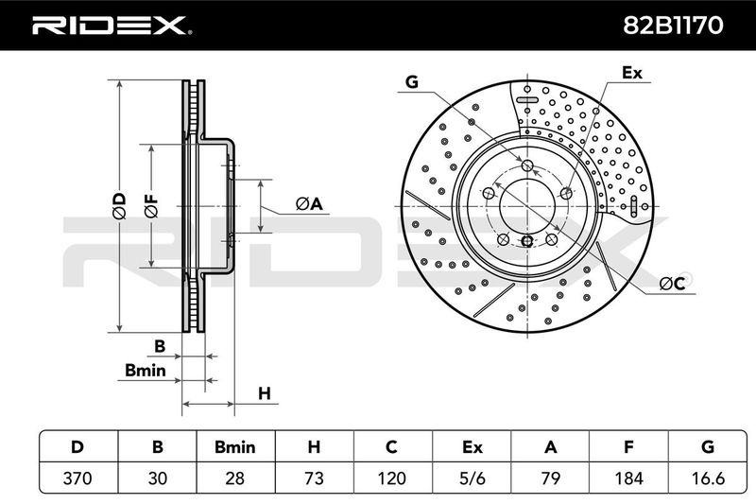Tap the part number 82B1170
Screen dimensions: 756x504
(673, 26)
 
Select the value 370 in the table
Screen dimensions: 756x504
(77, 478)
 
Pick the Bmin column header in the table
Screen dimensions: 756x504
(234, 447)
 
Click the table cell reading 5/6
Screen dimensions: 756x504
(472, 478)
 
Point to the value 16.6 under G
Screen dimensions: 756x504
(707, 478)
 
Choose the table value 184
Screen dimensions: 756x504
(628, 478)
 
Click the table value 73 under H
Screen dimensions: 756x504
(314, 478)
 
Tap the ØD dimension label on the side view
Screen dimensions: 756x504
(119, 206)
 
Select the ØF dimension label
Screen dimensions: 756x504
(151, 206)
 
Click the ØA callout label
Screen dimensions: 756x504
(309, 204)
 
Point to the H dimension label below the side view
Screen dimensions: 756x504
(265, 393)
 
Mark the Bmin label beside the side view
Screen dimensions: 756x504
(146, 370)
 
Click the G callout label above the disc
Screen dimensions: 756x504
(412, 82)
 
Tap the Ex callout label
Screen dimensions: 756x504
(632, 73)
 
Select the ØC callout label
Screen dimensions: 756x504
(672, 284)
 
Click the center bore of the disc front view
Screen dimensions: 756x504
(527, 206)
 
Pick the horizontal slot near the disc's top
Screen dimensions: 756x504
(527, 100)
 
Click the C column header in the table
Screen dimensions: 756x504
(391, 447)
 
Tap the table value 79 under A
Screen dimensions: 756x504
(550, 478)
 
